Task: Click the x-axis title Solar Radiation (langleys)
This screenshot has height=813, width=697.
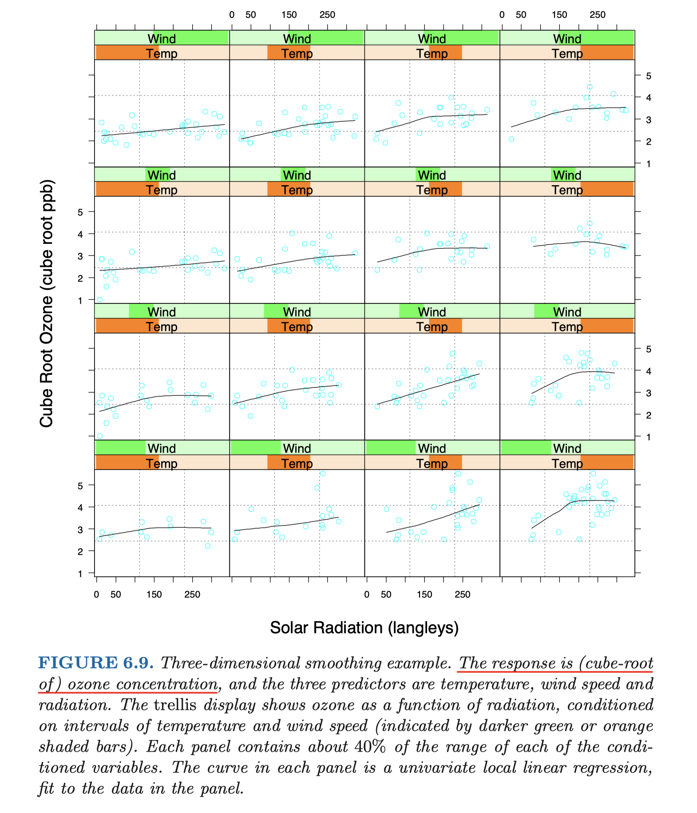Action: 364,628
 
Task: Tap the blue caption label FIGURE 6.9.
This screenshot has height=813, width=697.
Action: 96,663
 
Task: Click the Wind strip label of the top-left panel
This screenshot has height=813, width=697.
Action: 162,39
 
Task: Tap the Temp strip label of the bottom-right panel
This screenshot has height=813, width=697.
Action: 567,463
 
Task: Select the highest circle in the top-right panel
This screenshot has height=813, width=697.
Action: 590,87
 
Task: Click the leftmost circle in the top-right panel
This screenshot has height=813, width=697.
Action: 511,139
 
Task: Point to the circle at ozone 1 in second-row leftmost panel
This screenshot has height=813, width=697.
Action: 100,300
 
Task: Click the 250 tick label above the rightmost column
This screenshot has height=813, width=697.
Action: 598,15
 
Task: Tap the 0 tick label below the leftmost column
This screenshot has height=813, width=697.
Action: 96,594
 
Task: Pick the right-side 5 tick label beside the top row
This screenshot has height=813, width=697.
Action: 649,76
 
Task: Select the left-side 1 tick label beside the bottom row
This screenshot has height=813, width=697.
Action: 80,574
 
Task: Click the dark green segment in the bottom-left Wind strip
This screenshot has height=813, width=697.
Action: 121,448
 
